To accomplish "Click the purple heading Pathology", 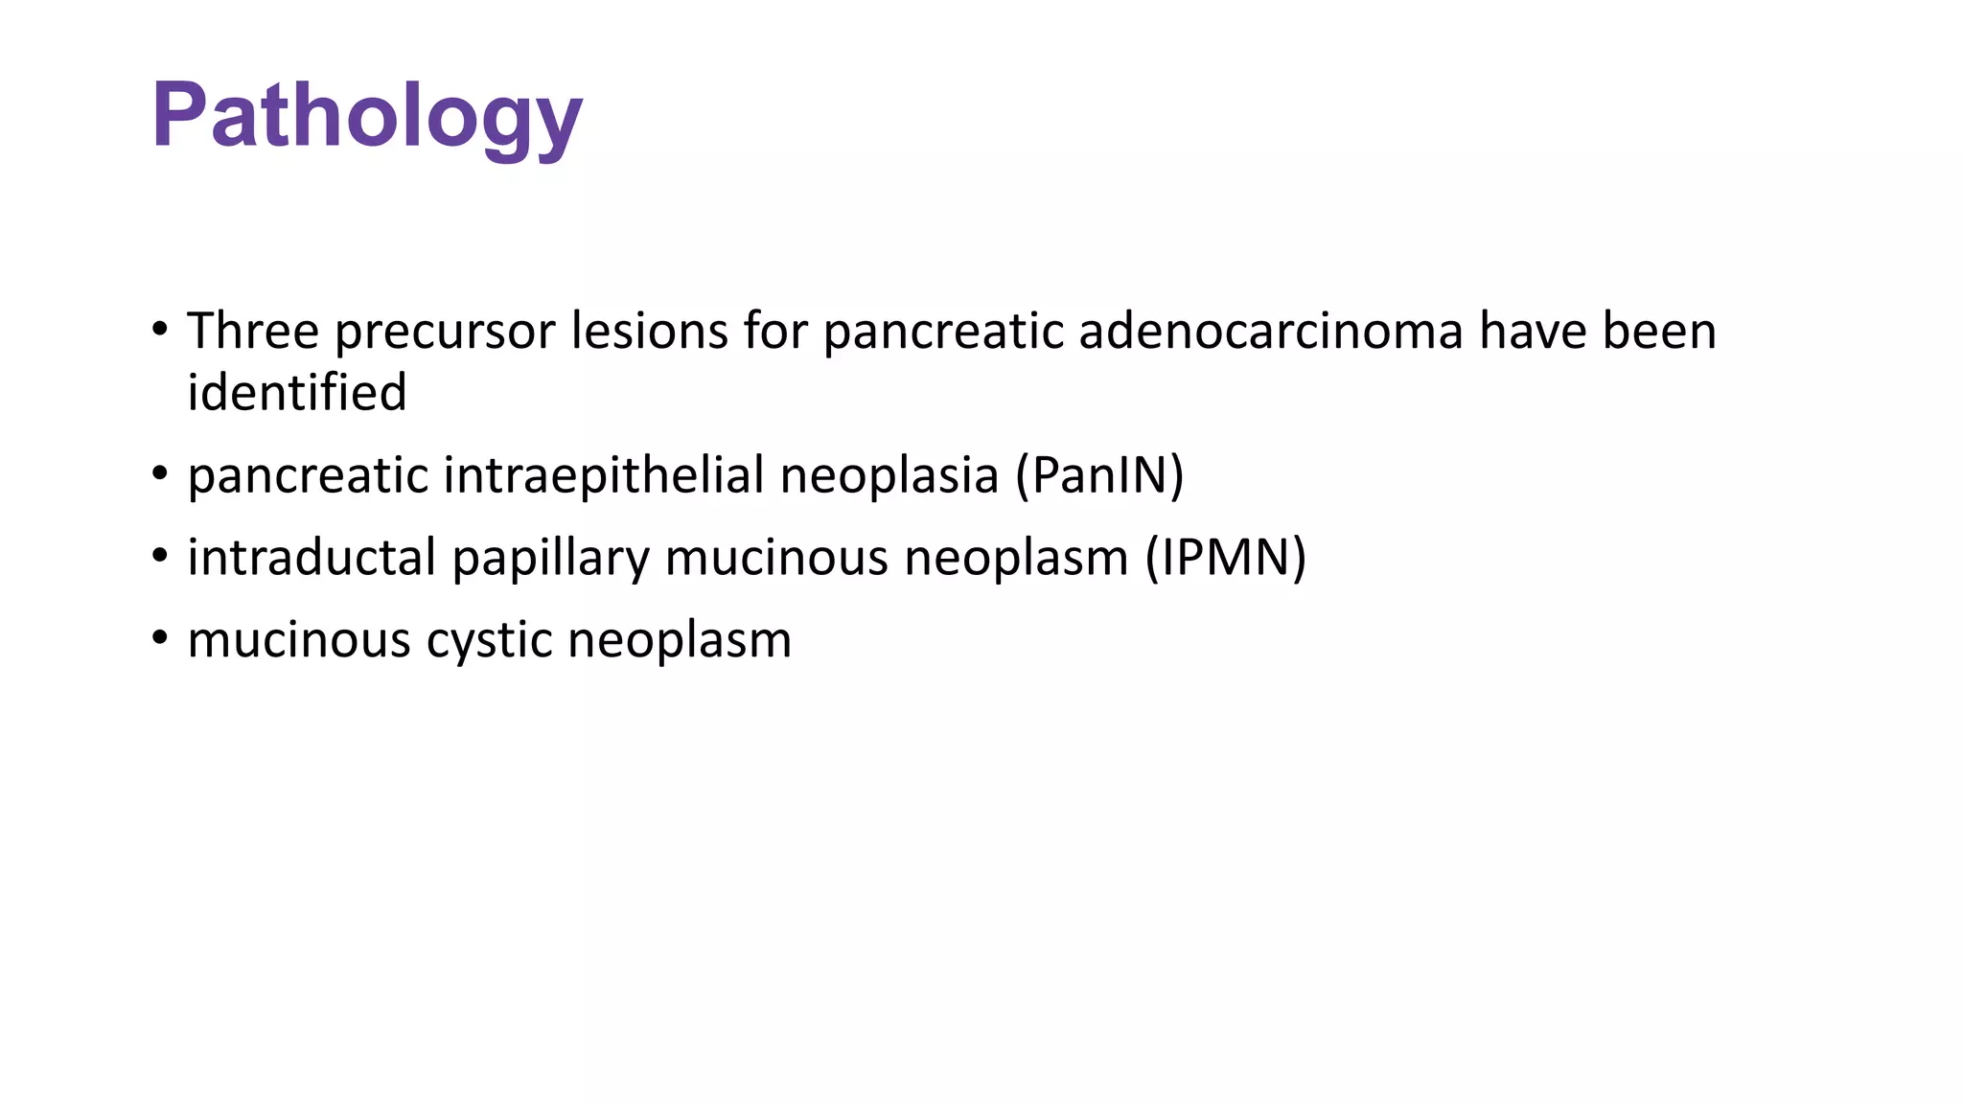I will pos(367,117).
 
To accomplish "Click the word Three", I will pos(253,332).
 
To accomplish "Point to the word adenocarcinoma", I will pos(1271,332).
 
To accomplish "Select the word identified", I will pos(297,393).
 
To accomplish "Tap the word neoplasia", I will pos(889,476).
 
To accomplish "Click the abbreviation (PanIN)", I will pos(1100,476).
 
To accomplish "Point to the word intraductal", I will pos(312,558).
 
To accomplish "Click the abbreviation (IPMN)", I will pos(1226,558).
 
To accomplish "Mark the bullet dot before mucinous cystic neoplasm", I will pos(160,637).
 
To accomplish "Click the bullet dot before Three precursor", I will pos(160,331).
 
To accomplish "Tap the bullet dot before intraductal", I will pos(160,555).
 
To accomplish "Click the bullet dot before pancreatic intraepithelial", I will pos(160,473).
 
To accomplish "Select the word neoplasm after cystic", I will pos(680,641).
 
